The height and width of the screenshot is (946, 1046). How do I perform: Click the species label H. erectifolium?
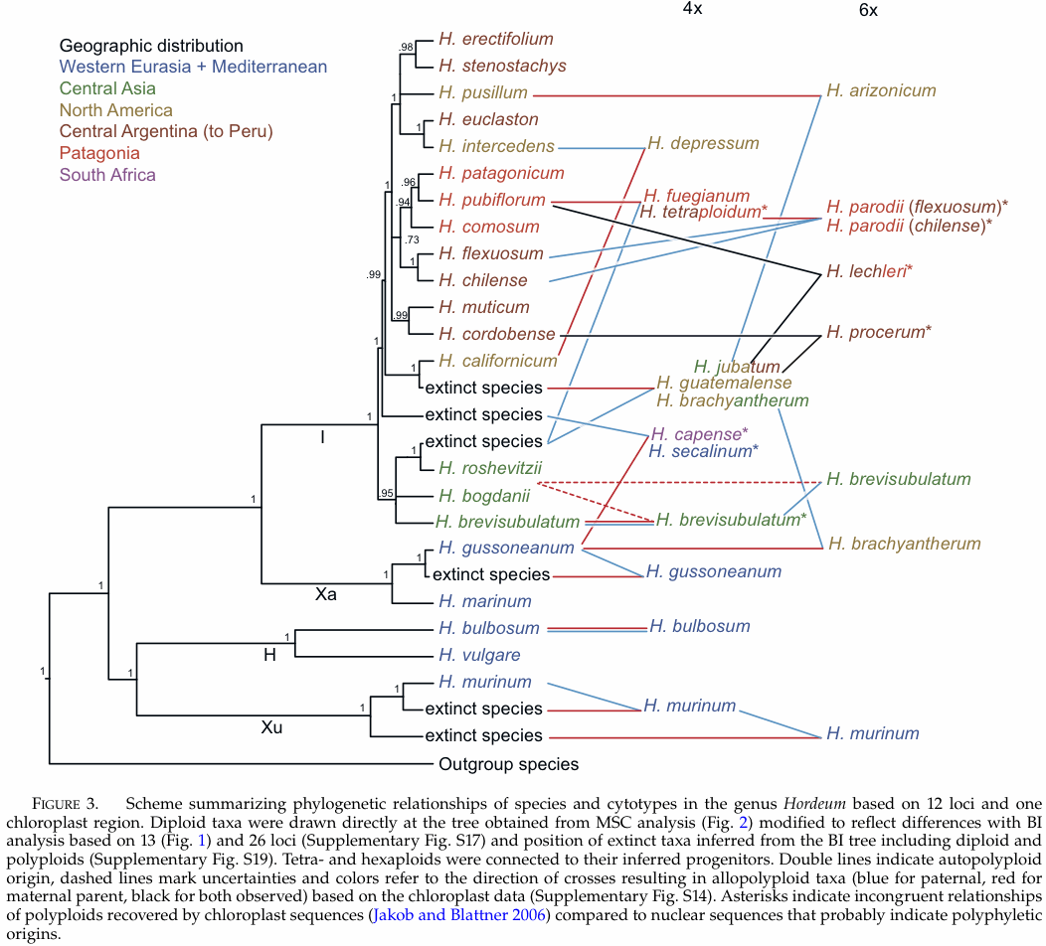(x=495, y=39)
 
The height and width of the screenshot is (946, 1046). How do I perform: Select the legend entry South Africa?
(x=107, y=175)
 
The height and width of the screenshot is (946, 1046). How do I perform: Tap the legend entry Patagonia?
(x=99, y=153)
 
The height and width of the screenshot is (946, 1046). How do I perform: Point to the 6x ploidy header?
(x=870, y=11)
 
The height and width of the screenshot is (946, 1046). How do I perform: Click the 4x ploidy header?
(x=693, y=8)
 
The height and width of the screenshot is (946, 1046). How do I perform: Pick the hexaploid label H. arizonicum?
(x=881, y=90)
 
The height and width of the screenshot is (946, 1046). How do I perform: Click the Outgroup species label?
(x=508, y=764)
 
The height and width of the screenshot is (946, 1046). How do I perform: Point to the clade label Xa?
(x=326, y=594)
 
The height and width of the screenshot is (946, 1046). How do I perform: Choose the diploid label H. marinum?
(x=484, y=601)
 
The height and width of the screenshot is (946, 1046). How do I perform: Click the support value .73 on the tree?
(x=411, y=239)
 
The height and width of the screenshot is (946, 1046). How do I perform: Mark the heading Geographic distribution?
(x=151, y=46)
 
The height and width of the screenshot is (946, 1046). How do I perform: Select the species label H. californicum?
(x=497, y=360)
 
